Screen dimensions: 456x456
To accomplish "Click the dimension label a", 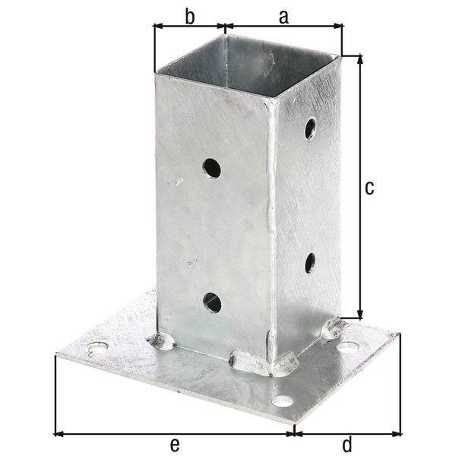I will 283,17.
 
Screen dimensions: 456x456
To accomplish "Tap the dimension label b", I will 189,17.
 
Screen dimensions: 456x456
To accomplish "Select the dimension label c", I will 369,188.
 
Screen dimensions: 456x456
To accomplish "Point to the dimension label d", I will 347,443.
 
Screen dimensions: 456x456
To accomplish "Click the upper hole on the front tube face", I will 212,168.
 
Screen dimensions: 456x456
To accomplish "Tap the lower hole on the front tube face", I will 212,302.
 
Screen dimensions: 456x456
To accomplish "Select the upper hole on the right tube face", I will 310,128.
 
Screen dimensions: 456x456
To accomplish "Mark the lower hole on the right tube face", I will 310,263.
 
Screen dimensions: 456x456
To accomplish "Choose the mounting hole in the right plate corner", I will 348,347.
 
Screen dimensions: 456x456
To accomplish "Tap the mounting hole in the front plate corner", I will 283,401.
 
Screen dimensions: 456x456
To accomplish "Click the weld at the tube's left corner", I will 161,341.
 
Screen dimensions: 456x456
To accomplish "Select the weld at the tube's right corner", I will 333,328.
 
